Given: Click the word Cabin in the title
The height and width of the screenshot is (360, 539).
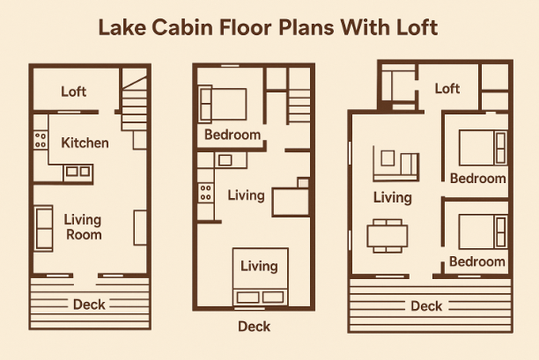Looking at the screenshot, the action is tap(182, 27).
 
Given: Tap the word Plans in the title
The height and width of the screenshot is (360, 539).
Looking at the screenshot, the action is tap(306, 27).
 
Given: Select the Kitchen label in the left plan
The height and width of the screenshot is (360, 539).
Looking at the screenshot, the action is tap(85, 143).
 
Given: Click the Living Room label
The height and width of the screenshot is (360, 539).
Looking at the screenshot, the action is tap(83, 227).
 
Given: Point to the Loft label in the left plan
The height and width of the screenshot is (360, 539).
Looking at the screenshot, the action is tap(74, 92).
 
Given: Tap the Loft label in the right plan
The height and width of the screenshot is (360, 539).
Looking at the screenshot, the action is tap(447, 89).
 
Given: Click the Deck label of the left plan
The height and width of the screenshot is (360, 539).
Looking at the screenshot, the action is tap(89, 305).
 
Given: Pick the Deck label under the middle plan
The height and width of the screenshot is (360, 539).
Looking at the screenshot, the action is tap(254, 327).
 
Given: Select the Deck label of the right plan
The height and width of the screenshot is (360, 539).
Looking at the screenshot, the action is tap(426, 305).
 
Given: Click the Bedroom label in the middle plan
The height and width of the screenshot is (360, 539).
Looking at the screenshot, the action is tap(233, 135).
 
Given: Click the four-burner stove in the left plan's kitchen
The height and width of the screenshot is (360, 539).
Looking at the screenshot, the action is tap(41, 140).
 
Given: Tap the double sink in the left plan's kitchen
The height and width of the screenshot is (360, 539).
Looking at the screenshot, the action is tap(78, 172).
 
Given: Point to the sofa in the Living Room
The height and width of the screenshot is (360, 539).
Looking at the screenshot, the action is tap(44, 229).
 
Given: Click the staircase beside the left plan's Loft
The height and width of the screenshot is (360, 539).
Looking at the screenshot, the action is tap(134, 103).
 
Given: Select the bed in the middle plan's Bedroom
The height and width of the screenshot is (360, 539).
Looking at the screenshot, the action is tap(223, 105).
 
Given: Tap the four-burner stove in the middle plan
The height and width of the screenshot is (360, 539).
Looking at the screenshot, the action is tap(206, 193).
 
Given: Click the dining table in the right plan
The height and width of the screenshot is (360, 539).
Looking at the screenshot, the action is tap(388, 236).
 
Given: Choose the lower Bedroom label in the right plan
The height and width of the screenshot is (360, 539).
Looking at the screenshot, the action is tap(477, 261).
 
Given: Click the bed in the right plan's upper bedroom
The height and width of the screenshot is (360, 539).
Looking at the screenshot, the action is tap(483, 148).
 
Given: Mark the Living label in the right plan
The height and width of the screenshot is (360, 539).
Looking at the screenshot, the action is tap(393, 198).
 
